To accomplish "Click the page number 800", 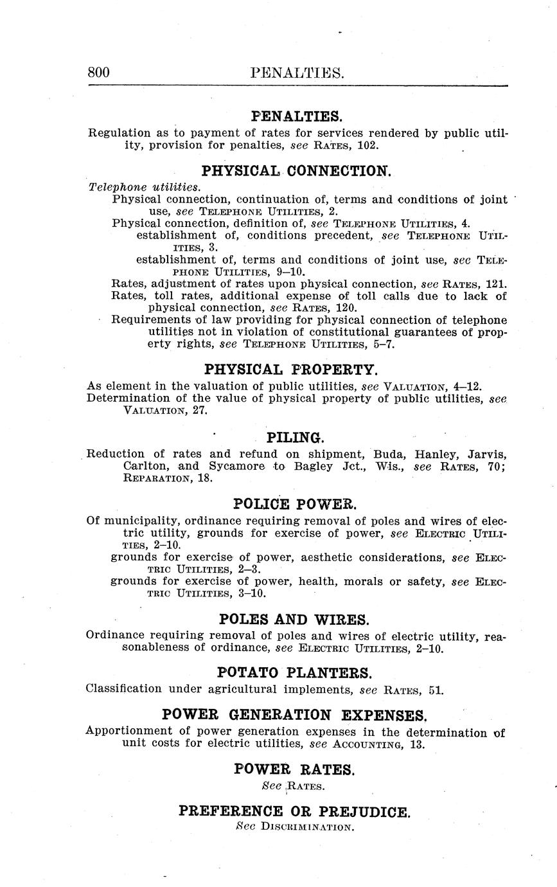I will (99, 73).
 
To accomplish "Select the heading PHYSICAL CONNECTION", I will (296, 171).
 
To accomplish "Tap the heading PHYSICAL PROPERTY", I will (292, 370).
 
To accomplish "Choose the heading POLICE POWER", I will (294, 503).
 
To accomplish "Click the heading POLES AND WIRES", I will (294, 620).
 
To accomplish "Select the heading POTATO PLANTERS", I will (295, 673).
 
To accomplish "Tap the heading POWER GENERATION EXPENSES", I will (294, 715).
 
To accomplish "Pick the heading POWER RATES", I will (294, 769).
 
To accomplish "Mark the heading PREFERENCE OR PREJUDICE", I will (294, 812).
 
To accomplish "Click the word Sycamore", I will (237, 466).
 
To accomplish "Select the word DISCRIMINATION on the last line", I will (307, 827).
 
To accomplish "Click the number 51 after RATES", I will (436, 690).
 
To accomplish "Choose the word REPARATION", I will (157, 478).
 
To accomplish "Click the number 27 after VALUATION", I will (199, 411).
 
